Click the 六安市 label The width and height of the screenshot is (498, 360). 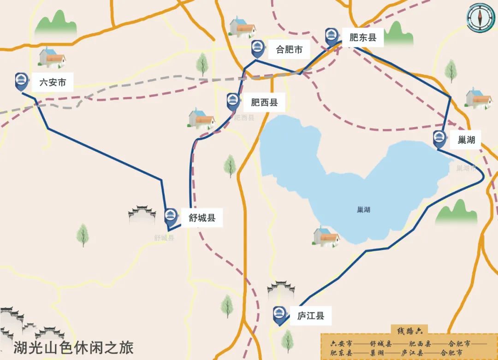click(x=53, y=83)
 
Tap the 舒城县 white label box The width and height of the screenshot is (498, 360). click(x=202, y=217)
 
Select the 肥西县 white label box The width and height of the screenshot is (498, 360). click(x=264, y=102)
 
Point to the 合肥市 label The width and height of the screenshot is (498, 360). click(x=289, y=49)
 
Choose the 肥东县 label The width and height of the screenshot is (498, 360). click(x=363, y=38)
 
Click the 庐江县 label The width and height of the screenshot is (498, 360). click(x=310, y=316)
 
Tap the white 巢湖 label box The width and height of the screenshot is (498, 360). click(x=466, y=140)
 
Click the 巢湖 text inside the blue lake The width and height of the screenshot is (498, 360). click(x=363, y=210)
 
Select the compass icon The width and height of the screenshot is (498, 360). click(x=480, y=18)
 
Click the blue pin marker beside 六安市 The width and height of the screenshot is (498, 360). click(x=21, y=81)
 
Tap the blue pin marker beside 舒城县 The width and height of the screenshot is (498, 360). click(x=171, y=216)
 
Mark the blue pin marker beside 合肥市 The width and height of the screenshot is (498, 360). click(x=257, y=48)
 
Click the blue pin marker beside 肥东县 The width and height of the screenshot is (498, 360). click(x=332, y=36)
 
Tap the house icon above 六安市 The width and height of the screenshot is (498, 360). click(x=52, y=58)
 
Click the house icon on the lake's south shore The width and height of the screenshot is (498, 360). click(x=326, y=237)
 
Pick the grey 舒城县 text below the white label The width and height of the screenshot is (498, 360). click(x=164, y=238)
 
